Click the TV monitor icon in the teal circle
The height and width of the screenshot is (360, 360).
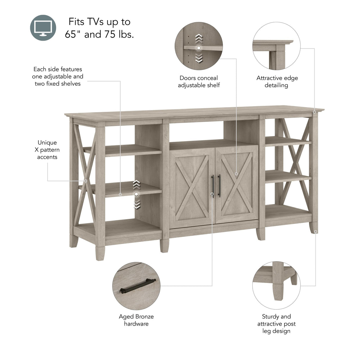pos(43,28)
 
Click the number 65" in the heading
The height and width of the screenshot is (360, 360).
pos(73,34)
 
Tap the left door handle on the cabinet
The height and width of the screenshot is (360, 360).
pos(213,186)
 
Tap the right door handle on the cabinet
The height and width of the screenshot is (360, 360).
pos(219,186)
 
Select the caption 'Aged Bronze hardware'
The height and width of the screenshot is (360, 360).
pos(136,320)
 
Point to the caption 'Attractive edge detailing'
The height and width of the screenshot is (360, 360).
pos(277,82)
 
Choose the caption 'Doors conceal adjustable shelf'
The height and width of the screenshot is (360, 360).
pos(199,82)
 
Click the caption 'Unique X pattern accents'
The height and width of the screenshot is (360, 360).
pos(47,150)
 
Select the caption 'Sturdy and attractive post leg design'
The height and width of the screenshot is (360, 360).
pos(276,324)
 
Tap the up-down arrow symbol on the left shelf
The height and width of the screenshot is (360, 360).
pos(136,194)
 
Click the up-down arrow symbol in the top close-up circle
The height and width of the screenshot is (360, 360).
pos(199,48)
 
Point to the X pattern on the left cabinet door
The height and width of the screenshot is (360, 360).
pos(192,187)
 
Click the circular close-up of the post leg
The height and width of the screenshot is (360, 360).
pos(276,285)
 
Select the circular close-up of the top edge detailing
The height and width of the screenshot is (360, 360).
pos(276,46)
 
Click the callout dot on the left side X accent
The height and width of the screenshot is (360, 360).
pos(86,181)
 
